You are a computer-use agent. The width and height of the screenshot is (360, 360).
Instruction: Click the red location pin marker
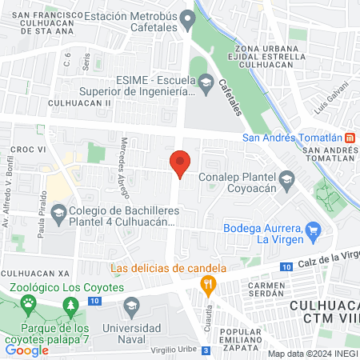pos(180,163)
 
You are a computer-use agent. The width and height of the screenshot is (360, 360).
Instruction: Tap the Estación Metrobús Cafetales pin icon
pos(188,18)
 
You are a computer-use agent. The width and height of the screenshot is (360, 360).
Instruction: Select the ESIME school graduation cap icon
pos(206,82)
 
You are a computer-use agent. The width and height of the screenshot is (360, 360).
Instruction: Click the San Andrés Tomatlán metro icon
pos(350,137)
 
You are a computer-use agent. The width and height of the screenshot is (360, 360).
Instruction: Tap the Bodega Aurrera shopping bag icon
pos(313,232)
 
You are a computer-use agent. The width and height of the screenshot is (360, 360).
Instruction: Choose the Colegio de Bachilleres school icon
pos(58,213)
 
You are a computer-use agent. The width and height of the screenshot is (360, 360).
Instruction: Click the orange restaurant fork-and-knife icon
pos(207,282)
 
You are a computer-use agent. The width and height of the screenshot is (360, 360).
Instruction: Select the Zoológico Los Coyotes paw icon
pos(30,302)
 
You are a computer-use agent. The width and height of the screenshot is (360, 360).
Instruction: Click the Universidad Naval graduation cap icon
pos(132,304)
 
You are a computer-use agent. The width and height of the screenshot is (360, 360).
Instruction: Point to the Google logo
pos(27,350)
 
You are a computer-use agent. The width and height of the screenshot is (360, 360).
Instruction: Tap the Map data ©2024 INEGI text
pos(313,354)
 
